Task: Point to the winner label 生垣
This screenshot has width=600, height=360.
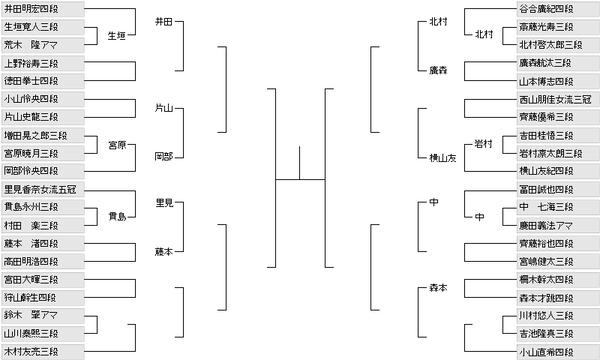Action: point(117,35)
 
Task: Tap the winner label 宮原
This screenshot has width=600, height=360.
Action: point(117,144)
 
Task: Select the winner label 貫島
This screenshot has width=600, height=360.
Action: point(117,215)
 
